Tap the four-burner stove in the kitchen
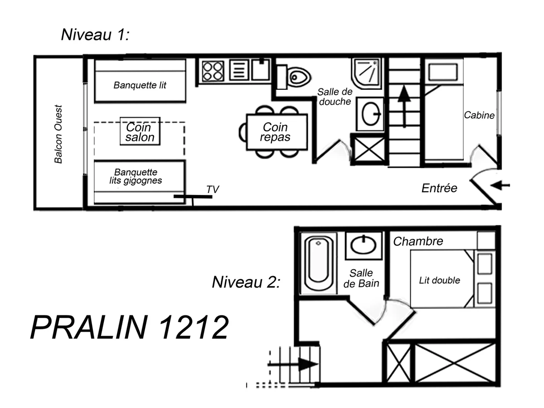pyautogui.click(x=213, y=71)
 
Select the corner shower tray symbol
pyautogui.click(x=367, y=73)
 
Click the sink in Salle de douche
pyautogui.click(x=371, y=113)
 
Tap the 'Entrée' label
pyautogui.click(x=439, y=188)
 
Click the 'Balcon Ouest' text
pyautogui.click(x=58, y=134)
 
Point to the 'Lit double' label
pyautogui.click(x=439, y=281)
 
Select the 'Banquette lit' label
pyautogui.click(x=140, y=85)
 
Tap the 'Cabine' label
pyautogui.click(x=479, y=116)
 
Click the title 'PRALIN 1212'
pyautogui.click(x=129, y=327)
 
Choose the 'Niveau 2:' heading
pyautogui.click(x=246, y=282)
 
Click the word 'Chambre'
pyautogui.click(x=418, y=241)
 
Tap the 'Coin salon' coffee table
pyautogui.click(x=140, y=131)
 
